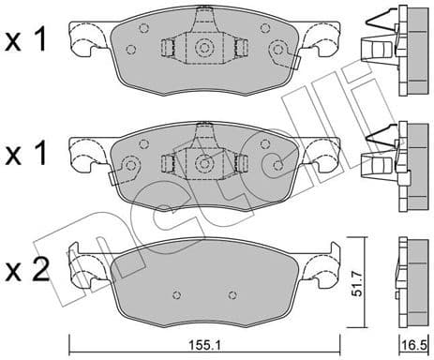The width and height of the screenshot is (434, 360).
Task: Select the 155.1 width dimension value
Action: coord(204,345)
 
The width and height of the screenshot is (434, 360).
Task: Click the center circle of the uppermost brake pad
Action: coord(202,49)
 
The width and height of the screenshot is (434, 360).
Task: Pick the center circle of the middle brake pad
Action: coord(202,163)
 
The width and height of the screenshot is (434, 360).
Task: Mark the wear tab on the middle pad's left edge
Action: coord(112,178)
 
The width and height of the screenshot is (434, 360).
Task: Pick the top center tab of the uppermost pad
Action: coord(202,18)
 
